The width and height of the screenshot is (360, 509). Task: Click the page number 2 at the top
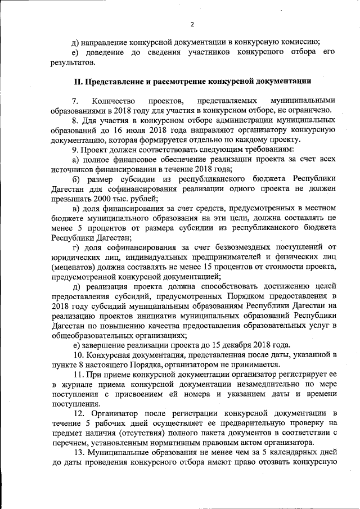(191, 24)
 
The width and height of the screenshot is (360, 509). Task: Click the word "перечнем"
(71, 443)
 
